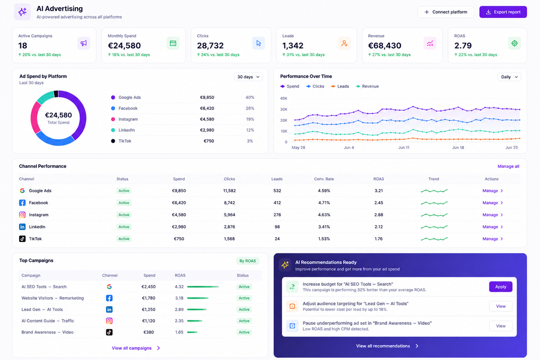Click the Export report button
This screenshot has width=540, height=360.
click(x=503, y=12)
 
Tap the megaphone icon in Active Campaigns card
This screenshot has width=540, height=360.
click(x=84, y=43)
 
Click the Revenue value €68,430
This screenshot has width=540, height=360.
click(x=384, y=46)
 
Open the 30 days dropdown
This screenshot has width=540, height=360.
click(x=248, y=77)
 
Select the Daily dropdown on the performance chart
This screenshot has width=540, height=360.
click(x=509, y=77)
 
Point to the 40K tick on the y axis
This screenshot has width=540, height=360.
click(x=284, y=98)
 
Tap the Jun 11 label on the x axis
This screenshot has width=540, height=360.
click(x=403, y=148)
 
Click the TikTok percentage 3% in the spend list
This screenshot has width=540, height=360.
click(x=250, y=141)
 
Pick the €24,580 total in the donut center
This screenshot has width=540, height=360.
click(x=58, y=115)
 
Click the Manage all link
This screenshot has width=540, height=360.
click(x=509, y=166)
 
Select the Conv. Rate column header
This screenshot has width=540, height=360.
click(x=324, y=179)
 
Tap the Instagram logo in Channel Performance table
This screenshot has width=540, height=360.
click(x=22, y=215)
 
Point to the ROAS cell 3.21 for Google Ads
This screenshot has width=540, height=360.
click(x=378, y=191)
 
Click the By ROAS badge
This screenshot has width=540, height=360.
click(x=247, y=261)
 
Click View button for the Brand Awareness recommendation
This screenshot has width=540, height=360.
click(x=501, y=326)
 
